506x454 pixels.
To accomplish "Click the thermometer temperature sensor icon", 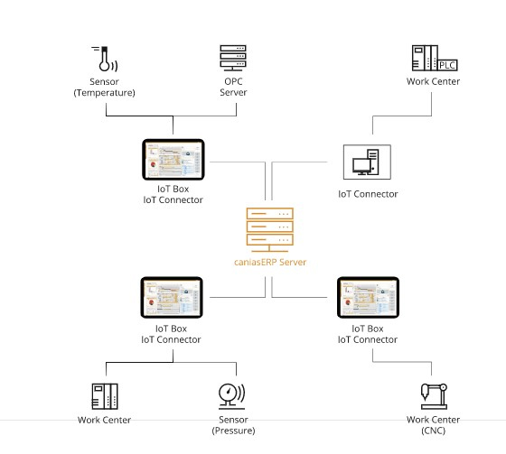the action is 105,59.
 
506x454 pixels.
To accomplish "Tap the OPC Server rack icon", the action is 233,58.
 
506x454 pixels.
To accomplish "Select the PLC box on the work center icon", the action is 448,65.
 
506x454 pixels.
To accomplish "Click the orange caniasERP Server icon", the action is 270,229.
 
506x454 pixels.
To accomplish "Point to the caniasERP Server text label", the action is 270,262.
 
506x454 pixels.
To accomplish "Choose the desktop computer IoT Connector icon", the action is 367,162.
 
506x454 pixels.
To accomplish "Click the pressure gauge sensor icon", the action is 231,396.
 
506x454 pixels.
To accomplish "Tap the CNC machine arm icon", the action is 434,396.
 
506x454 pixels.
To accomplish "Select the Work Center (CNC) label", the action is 433,425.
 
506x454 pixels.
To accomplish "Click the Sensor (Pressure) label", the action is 233,425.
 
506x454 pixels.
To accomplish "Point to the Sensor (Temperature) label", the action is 104,87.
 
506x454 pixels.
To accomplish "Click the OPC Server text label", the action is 233,87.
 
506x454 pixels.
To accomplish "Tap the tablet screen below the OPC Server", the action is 173,159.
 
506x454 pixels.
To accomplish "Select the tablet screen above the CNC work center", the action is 368,297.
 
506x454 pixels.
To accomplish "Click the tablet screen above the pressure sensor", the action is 172,297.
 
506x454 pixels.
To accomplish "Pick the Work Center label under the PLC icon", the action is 433,81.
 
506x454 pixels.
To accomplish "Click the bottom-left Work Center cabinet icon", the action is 105,396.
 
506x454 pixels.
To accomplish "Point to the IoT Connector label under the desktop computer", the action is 368,194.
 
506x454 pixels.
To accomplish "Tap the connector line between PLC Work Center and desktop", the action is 402,116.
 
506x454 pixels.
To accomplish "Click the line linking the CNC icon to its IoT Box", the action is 402,362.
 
